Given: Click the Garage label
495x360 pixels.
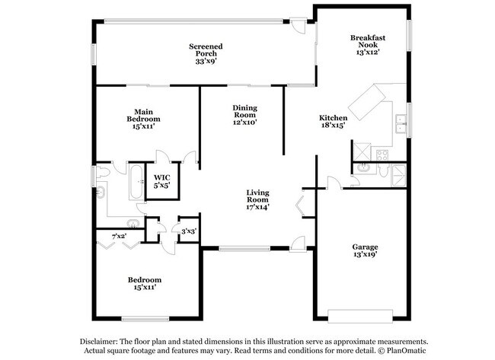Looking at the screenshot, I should pos(365,247).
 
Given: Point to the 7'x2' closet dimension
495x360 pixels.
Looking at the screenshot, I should pos(119,236).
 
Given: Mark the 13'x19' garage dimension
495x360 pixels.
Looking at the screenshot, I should pos(365,256).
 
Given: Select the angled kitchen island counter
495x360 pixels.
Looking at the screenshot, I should pos(368,102).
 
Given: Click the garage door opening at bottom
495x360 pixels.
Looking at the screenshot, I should pos(360,311).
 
